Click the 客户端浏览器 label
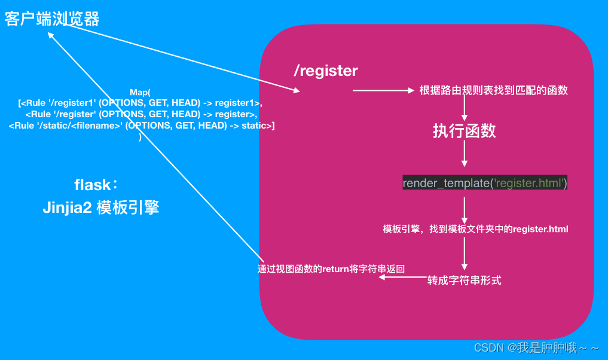click(52, 19)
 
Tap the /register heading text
click(326, 71)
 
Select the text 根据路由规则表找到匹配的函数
click(493, 91)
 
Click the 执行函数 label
click(465, 131)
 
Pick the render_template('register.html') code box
click(485, 183)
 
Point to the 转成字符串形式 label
click(464, 280)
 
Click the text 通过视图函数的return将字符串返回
click(331, 269)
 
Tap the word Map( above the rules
click(140, 92)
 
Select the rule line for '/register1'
click(140, 103)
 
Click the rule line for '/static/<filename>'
click(142, 125)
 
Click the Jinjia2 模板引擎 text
click(101, 207)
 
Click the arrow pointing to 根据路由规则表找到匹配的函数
click(383, 91)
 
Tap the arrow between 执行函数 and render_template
click(465, 154)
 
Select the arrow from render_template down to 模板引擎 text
click(465, 209)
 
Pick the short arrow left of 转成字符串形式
click(402, 277)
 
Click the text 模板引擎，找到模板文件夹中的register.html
click(475, 229)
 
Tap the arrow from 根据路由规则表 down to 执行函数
click(465, 109)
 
